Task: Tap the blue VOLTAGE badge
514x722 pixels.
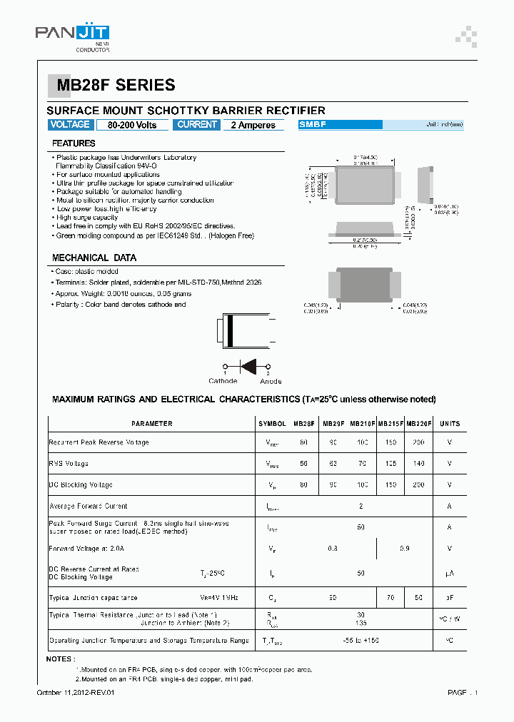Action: (x=70, y=125)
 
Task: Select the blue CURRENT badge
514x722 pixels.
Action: (x=197, y=125)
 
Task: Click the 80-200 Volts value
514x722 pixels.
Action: (x=132, y=126)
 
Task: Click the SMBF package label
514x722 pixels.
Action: (x=313, y=125)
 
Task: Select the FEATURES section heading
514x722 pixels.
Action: (x=74, y=143)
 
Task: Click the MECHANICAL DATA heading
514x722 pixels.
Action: (x=94, y=258)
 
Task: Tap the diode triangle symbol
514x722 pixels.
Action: (x=248, y=366)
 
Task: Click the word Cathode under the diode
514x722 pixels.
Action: (x=223, y=381)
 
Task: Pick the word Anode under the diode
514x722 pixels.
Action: (x=271, y=381)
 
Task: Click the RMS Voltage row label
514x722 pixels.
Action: (x=69, y=464)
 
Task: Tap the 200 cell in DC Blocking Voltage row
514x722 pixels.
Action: (x=418, y=485)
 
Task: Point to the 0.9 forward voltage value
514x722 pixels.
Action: (x=405, y=549)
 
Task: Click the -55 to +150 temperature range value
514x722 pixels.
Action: (x=361, y=641)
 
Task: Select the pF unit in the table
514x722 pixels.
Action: (x=449, y=598)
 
